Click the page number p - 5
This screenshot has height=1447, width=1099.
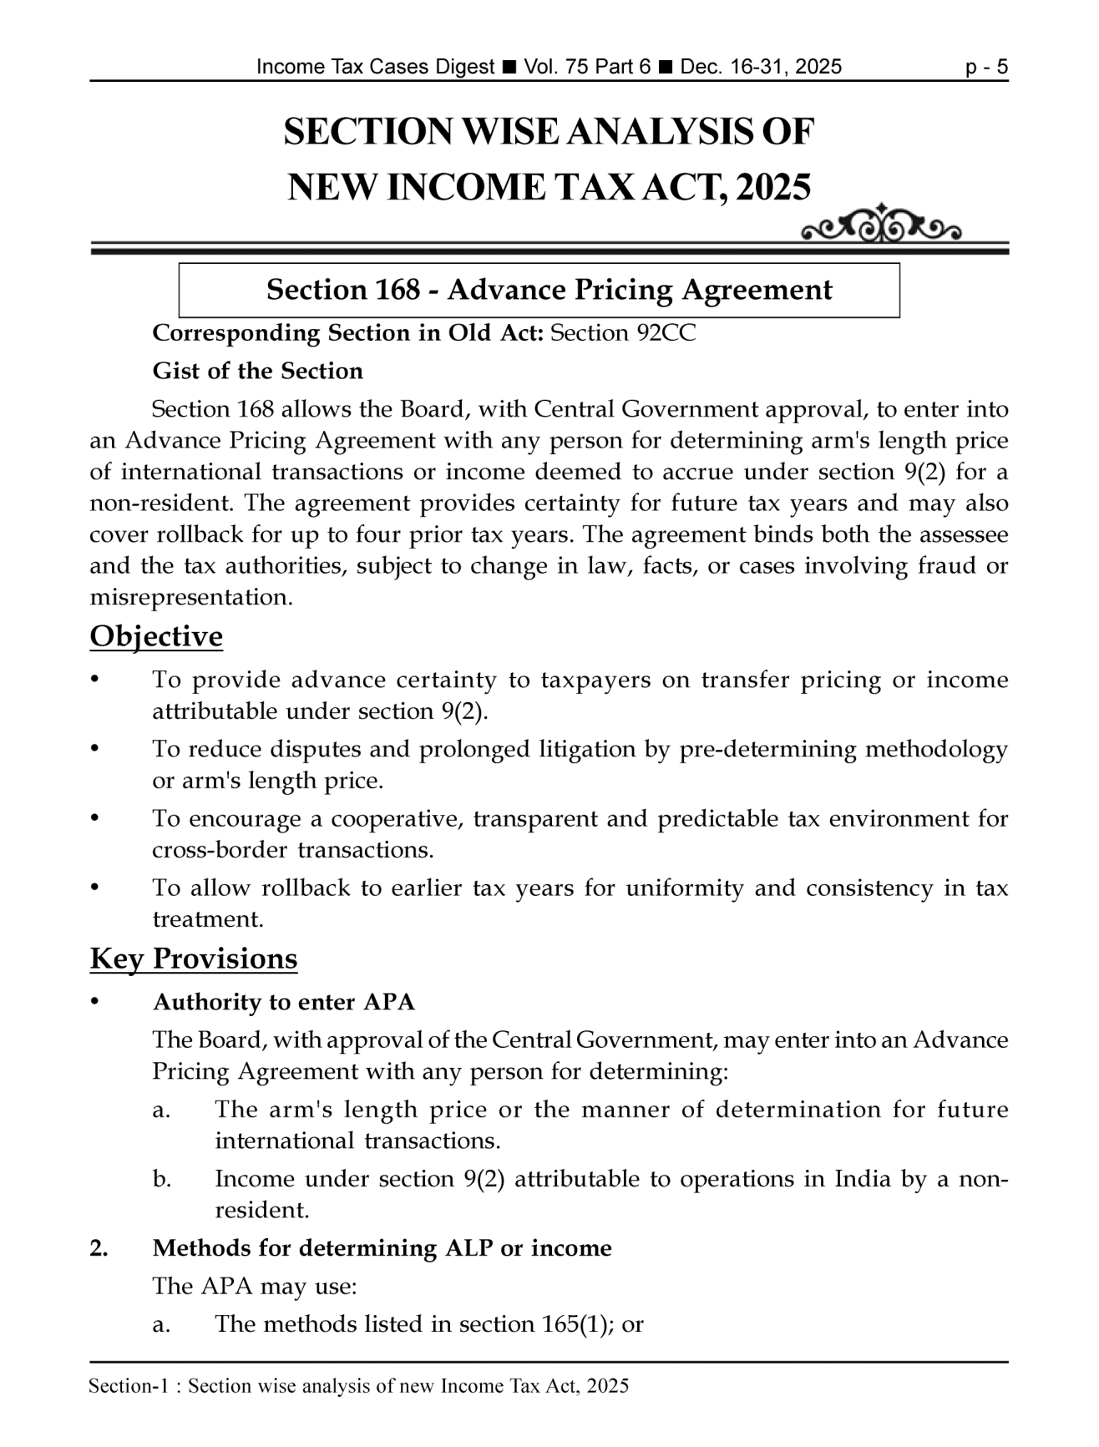pos(986,67)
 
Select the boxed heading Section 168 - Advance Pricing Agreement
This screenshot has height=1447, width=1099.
pos(549,290)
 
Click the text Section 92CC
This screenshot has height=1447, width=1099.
pos(623,333)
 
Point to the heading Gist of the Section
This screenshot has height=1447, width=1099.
pos(257,371)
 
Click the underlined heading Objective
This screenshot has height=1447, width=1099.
pos(156,636)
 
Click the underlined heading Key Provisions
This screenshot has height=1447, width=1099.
pos(193,958)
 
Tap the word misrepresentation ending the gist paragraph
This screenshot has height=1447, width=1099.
pos(191,598)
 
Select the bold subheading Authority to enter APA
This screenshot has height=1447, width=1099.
pos(283,1002)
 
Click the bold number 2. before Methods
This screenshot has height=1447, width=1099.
pos(99,1248)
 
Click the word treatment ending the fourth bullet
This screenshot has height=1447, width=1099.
pos(207,919)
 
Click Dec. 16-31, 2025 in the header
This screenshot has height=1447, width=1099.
pos(761,67)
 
